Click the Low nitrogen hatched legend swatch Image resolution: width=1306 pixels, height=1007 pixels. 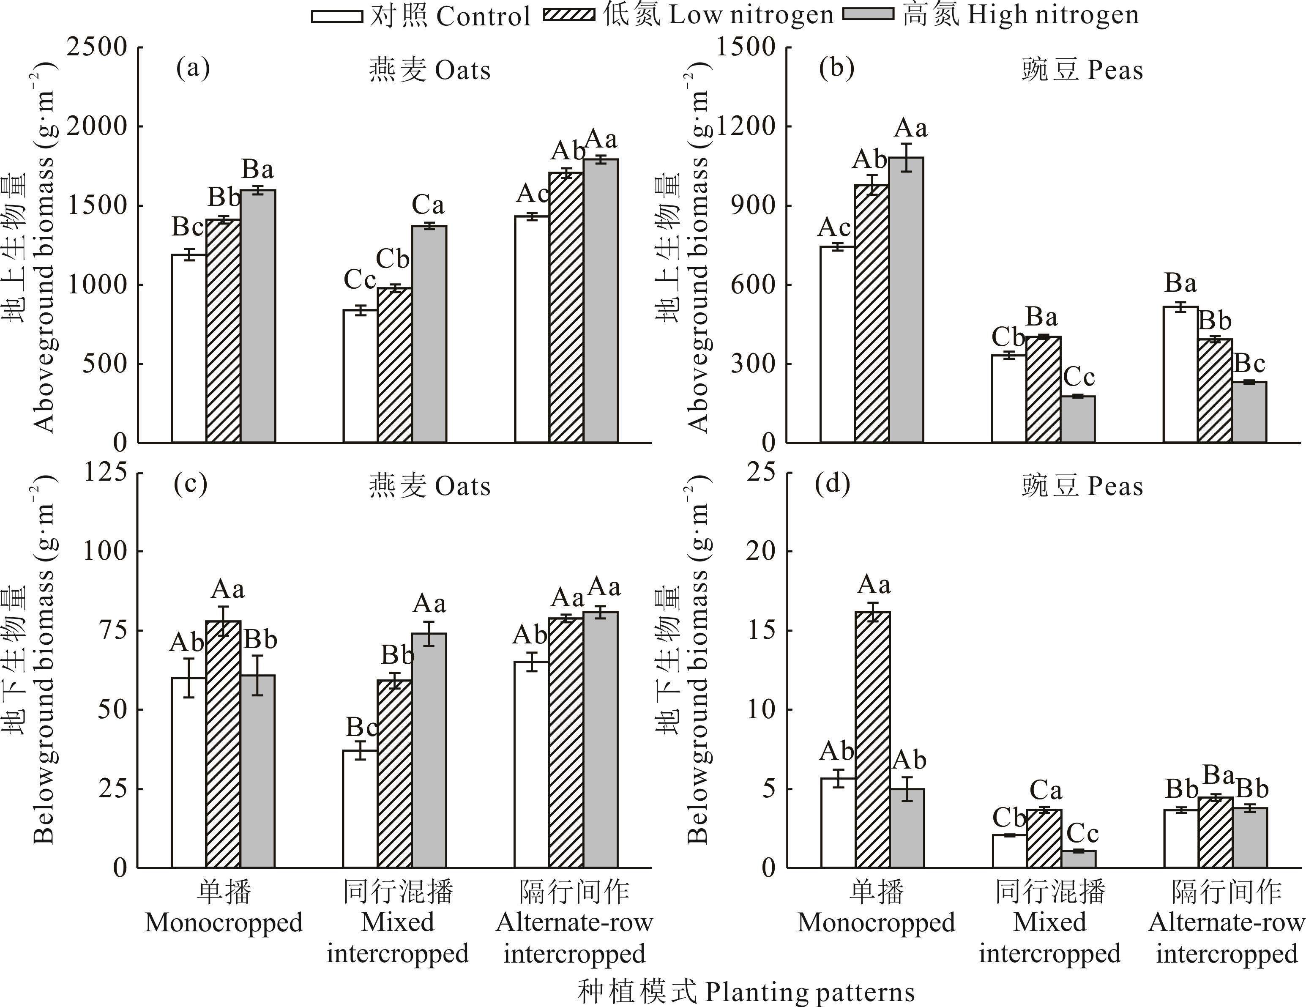point(569,15)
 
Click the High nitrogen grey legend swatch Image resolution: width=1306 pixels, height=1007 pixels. point(868,14)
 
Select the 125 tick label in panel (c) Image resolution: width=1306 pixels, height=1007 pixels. point(105,472)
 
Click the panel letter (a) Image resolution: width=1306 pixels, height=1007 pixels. point(193,69)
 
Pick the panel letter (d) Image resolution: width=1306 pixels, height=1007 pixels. point(832,484)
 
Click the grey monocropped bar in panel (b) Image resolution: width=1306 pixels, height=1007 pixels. point(907,300)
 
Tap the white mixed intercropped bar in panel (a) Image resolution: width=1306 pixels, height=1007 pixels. point(360,376)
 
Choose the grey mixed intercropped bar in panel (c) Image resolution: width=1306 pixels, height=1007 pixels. point(429,750)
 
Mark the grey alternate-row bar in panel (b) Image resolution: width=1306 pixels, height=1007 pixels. point(1249,412)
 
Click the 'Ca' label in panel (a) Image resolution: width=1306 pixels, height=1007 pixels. point(428,206)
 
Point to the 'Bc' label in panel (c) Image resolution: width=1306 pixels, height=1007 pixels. point(362,728)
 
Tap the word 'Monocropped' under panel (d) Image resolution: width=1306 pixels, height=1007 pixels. point(876,923)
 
